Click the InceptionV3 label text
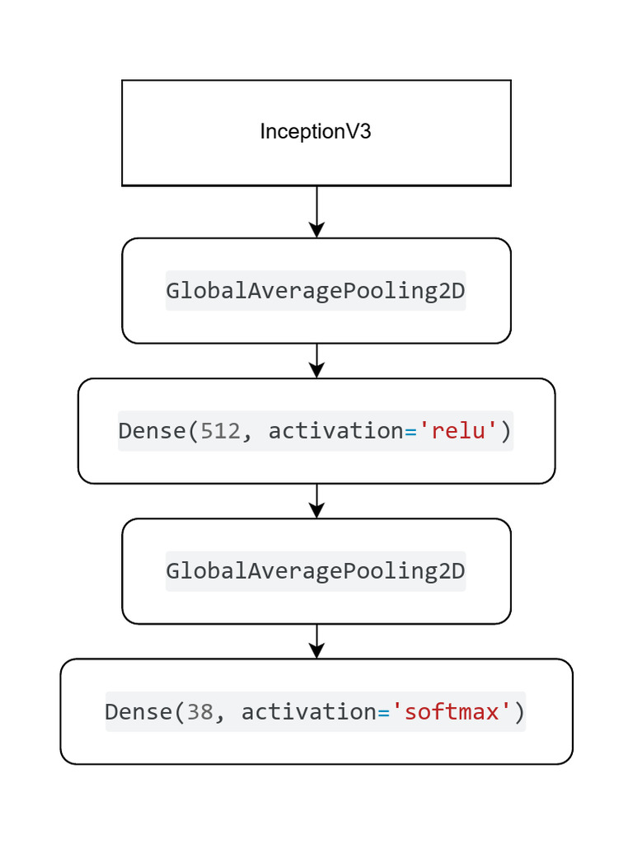[x=316, y=132]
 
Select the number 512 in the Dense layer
[x=220, y=431]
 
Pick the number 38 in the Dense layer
[x=199, y=711]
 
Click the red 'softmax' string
[x=452, y=711]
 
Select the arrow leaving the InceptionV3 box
[x=316, y=212]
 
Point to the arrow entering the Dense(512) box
[x=316, y=361]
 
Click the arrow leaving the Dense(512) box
[x=316, y=501]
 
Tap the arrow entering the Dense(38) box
[x=316, y=641]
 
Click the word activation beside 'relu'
[x=336, y=431]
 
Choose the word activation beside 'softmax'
[x=308, y=711]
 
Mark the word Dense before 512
[x=152, y=431]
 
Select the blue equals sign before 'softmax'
[x=384, y=711]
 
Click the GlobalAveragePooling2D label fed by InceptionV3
[x=316, y=291]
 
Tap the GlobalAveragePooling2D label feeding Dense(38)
[x=316, y=571]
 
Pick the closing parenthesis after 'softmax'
[x=519, y=711]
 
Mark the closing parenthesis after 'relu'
[x=506, y=431]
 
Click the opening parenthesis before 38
[x=180, y=711]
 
